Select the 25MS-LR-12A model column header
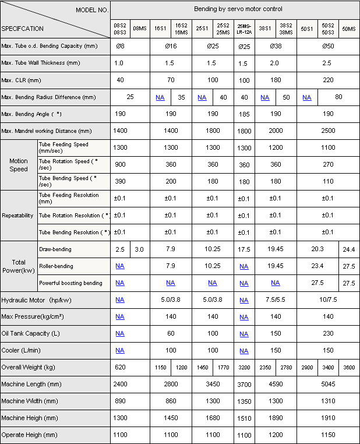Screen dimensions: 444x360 (244, 28)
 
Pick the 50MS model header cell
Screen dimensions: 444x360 (349, 28)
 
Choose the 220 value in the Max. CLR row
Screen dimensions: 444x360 (327, 80)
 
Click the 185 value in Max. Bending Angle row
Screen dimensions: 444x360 (244, 114)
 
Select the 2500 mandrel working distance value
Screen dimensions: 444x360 (327, 132)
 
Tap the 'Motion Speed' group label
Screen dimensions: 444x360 (18, 165)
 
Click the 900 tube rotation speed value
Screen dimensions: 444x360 (121, 164)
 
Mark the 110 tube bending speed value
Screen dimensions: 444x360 (327, 181)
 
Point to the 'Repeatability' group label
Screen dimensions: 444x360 (17, 215)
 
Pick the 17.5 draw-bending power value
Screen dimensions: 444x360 (244, 249)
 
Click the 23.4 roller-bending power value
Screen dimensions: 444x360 (317, 266)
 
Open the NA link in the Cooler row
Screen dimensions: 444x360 (120, 350)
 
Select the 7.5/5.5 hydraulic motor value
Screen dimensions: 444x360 (275, 300)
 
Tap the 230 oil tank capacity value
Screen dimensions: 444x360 (327, 333)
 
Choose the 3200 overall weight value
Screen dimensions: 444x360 (244, 368)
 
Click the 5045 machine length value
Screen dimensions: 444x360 (327, 385)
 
